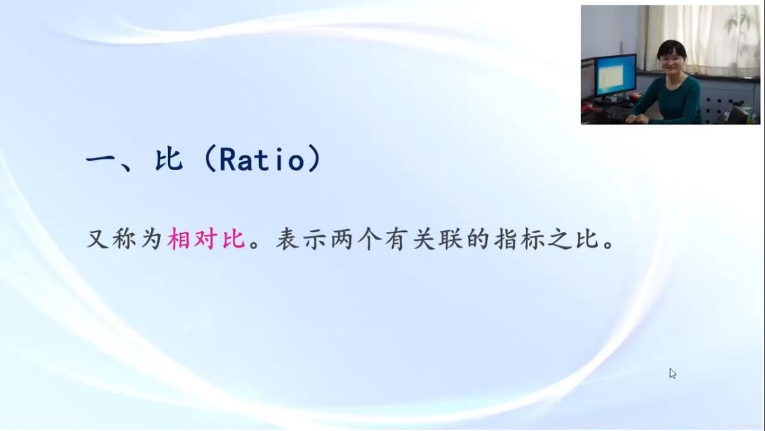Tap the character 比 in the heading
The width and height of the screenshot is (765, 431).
coord(169,159)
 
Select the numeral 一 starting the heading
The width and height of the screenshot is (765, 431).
coord(101,159)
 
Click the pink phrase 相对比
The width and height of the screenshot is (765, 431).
coord(206,239)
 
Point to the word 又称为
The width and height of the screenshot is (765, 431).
coord(124,239)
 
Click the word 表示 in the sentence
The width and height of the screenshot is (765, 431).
coord(302,239)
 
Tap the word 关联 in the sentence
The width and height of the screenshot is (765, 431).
coord(438,239)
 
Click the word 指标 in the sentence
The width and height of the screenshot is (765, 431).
coord(519,239)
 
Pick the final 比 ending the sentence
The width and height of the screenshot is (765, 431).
coord(587,239)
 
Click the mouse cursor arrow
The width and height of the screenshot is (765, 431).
coord(673,373)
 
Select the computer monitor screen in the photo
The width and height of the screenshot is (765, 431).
coord(615,75)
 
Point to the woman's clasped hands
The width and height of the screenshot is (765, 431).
coord(637,118)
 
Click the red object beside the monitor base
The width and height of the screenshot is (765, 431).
coord(634,96)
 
